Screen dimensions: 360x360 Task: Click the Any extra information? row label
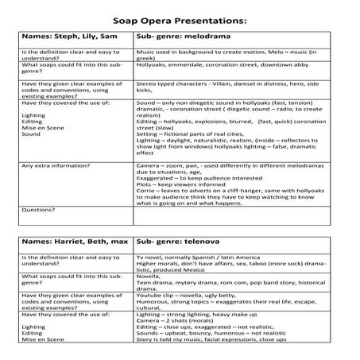(x=56, y=165)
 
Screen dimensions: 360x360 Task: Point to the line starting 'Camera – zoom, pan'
(x=230, y=165)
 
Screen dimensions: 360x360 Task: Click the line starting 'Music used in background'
(x=230, y=52)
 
